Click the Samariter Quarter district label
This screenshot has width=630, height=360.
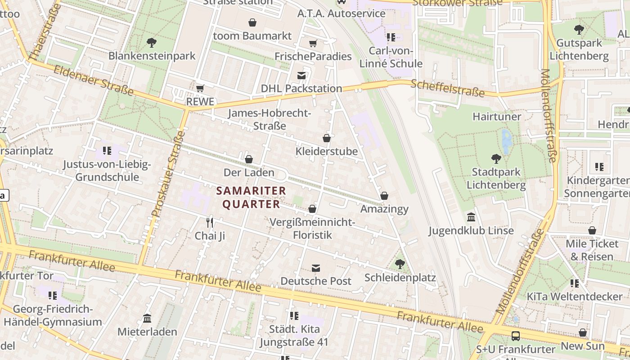[251, 197]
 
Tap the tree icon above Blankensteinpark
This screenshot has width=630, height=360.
[152, 43]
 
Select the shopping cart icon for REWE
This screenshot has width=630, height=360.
[200, 88]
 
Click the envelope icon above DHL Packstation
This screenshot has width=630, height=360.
[301, 75]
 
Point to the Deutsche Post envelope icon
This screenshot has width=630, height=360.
[316, 268]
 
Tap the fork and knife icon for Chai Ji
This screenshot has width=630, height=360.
[209, 222]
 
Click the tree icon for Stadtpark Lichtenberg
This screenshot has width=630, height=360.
[496, 158]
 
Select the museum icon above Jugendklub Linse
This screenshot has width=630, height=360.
[471, 217]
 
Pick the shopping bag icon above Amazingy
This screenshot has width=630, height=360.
[384, 196]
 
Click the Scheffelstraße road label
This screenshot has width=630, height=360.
[448, 88]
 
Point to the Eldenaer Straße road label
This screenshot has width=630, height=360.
[94, 80]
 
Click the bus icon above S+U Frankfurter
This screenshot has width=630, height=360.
[515, 336]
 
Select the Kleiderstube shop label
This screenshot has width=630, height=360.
[327, 151]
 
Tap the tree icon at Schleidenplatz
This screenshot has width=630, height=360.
[400, 264]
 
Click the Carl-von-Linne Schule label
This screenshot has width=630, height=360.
[391, 57]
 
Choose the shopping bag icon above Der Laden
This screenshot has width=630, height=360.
[249, 159]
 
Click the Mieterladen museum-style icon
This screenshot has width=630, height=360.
[147, 319]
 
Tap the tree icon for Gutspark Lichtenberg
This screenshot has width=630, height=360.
[579, 30]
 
